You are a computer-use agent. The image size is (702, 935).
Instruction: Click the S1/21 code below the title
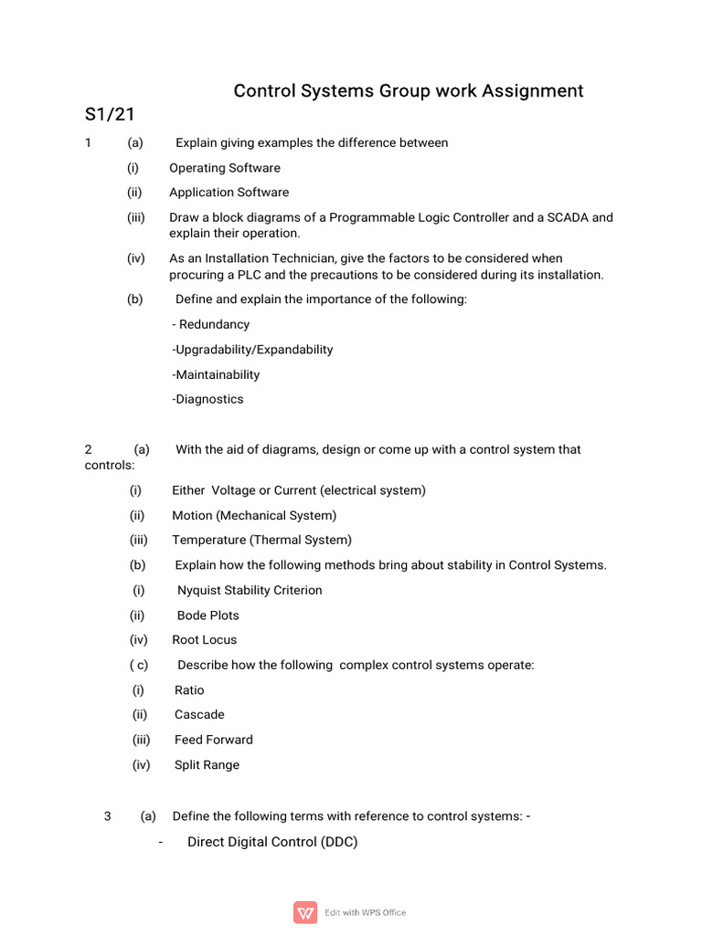click(x=110, y=115)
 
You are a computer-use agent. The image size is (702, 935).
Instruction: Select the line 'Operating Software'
click(x=225, y=168)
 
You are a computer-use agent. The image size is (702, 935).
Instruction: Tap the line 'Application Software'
click(x=229, y=193)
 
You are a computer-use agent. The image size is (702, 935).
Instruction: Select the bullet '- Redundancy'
click(x=210, y=324)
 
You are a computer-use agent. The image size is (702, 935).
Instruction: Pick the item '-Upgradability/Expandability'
click(x=252, y=350)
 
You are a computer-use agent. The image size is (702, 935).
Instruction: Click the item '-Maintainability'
click(x=216, y=374)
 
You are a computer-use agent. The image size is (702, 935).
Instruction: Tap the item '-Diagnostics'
click(x=207, y=399)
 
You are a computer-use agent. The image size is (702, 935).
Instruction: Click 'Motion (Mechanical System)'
click(x=254, y=515)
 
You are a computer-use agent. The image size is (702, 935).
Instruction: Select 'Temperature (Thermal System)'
click(x=261, y=540)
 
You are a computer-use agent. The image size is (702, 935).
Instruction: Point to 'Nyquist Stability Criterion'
click(x=250, y=590)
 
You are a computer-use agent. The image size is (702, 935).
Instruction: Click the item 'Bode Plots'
click(x=207, y=615)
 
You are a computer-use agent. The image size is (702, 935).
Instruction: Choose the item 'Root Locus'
click(x=204, y=640)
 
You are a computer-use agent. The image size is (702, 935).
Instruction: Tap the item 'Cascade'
click(x=199, y=714)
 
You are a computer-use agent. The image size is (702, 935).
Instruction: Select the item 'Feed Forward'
click(x=214, y=740)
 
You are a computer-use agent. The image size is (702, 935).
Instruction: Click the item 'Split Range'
click(x=207, y=765)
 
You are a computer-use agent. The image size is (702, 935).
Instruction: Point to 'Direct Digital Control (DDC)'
click(x=272, y=842)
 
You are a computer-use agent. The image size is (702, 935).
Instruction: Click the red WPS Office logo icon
click(x=305, y=912)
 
